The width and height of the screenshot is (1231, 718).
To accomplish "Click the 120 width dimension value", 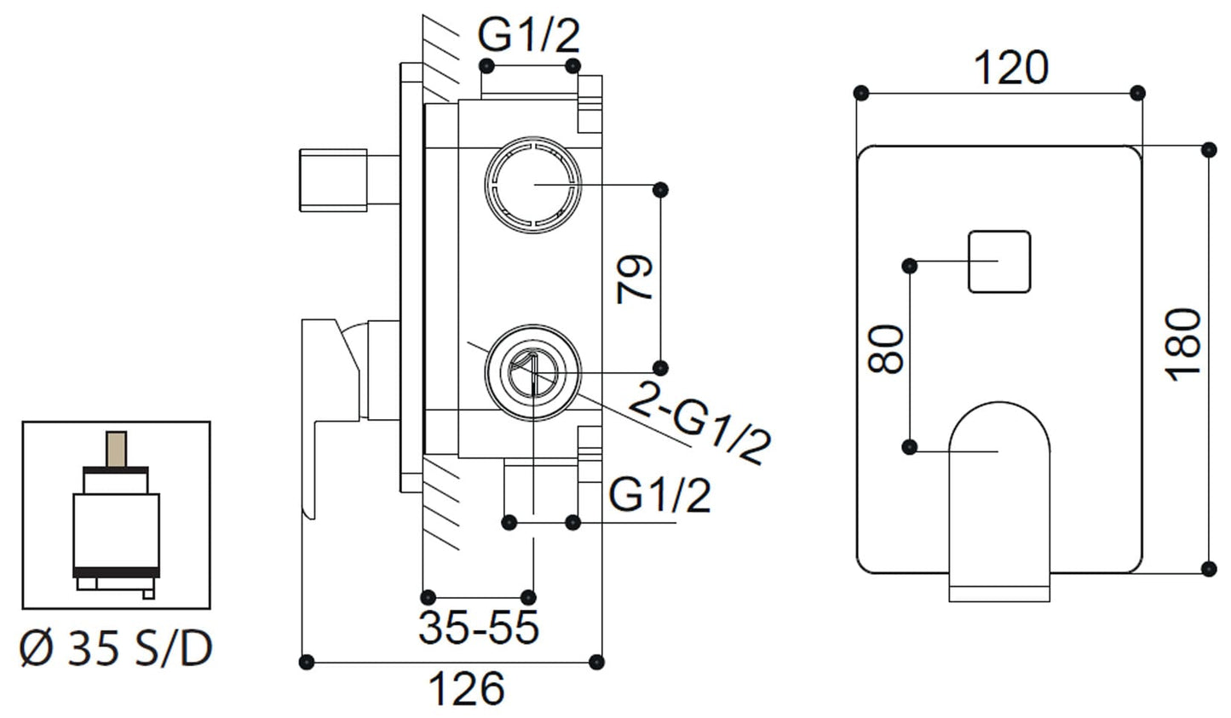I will click(x=1010, y=68).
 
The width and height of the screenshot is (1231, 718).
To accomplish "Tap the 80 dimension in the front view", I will click(x=886, y=348).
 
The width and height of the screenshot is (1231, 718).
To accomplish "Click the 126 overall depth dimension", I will click(x=466, y=688).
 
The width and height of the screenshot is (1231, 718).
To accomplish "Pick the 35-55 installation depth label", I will click(x=479, y=629).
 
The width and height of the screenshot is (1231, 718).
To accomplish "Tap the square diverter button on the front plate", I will click(x=999, y=261).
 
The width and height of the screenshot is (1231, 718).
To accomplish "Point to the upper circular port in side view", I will click(x=534, y=183).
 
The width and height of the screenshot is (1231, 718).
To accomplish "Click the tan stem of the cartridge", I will click(x=115, y=449).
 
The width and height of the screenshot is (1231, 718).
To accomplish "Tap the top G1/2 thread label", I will click(x=529, y=36).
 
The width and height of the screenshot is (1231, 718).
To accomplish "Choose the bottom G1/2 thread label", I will click(x=659, y=494).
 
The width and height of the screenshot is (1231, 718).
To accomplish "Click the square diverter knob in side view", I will click(x=332, y=180).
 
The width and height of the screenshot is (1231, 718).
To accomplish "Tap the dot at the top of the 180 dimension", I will click(x=1208, y=150).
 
